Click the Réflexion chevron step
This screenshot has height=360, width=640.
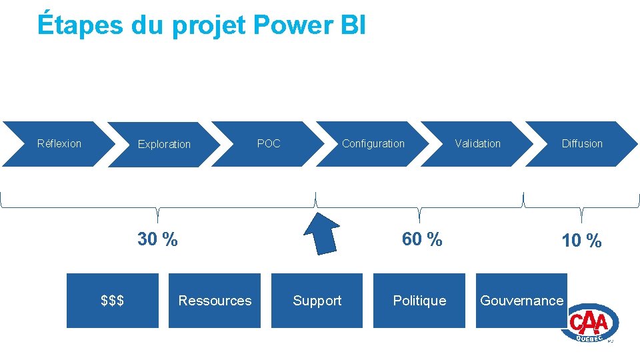pos(59,144)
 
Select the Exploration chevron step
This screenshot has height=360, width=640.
pos(164,144)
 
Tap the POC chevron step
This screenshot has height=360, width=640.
pos(269,144)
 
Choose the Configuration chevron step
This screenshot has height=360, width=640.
pos(373,144)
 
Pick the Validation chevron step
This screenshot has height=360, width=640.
pos(477,144)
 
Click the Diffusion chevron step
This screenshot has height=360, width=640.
pos(582,144)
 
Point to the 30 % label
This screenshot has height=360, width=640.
pos(157,239)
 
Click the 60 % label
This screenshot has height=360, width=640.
pos(421,239)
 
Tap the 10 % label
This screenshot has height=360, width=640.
pos(581,241)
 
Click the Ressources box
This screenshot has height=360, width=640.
pos(215,301)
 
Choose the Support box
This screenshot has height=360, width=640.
pos(317,301)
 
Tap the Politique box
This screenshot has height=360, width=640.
pos(419,301)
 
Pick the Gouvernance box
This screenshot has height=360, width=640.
pos(521,301)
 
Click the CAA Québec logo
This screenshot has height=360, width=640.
pos(593,325)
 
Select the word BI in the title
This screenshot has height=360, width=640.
pos(353,25)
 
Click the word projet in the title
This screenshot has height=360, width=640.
pos(210,25)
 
